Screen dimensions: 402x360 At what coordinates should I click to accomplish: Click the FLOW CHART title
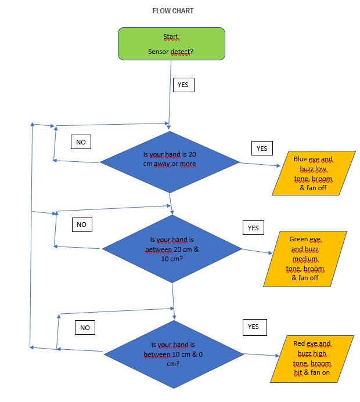click(172, 11)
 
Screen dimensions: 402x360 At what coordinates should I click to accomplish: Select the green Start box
click(171, 44)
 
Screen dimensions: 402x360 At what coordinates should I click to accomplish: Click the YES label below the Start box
click(182, 85)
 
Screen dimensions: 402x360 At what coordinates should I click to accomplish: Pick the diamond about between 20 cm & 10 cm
click(172, 249)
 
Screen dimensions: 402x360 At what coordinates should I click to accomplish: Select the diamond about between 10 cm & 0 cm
click(173, 354)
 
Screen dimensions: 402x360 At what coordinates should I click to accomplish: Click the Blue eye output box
click(313, 173)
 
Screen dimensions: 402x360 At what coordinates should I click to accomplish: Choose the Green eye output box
click(305, 259)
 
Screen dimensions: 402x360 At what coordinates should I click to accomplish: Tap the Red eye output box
click(312, 359)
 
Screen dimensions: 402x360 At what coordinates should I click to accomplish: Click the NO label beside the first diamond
click(81, 142)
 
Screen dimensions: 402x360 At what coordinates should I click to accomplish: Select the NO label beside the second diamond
click(81, 224)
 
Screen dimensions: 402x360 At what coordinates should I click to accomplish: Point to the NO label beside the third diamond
click(85, 328)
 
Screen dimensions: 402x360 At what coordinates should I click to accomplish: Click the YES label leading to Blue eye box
click(262, 149)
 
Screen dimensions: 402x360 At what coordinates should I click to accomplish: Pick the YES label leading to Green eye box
click(253, 228)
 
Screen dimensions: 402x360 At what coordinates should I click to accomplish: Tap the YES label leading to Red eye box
click(253, 327)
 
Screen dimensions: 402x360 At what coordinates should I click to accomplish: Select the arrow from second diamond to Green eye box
click(257, 251)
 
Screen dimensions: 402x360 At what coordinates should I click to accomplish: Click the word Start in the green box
click(171, 37)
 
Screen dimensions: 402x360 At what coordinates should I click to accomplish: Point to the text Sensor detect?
click(171, 52)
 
